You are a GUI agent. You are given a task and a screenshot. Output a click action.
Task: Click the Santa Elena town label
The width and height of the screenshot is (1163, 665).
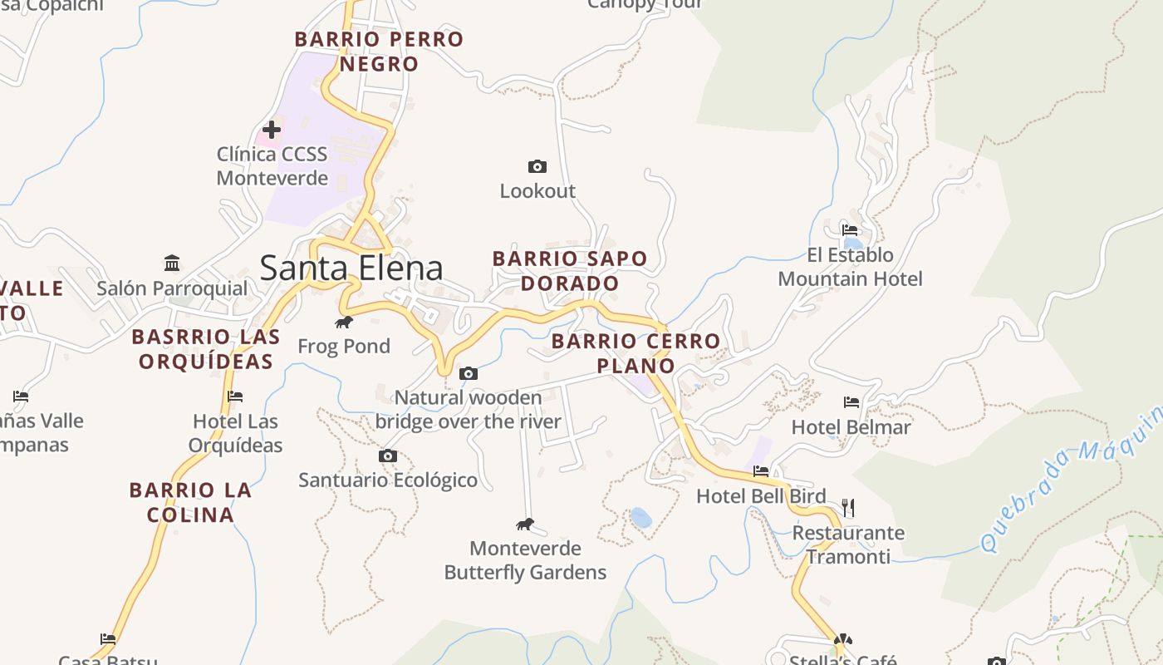351,268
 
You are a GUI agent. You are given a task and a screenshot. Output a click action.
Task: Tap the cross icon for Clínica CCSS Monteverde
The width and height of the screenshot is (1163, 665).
272,130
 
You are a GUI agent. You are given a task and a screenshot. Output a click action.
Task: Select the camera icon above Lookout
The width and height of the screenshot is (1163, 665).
537,167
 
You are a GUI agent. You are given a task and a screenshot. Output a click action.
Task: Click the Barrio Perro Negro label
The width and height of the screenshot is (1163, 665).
379,52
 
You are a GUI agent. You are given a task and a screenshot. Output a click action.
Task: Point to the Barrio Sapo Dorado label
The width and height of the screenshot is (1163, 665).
570,271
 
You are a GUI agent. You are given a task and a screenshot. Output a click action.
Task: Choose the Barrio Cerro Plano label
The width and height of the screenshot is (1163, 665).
635,353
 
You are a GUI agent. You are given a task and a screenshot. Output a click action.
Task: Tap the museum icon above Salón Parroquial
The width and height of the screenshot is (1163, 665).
172,264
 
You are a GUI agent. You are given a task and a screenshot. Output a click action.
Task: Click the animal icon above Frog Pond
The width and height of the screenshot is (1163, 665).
343,322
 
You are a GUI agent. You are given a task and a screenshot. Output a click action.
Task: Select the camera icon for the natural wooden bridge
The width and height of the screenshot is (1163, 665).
469,374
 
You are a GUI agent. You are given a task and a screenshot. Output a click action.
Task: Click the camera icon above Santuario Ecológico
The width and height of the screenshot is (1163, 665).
388,456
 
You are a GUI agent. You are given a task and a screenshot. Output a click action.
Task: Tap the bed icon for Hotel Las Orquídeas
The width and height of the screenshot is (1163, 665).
235,397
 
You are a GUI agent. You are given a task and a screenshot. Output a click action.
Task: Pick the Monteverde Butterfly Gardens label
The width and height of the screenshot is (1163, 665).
525,560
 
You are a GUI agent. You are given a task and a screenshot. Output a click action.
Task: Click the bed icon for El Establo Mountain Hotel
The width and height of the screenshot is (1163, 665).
849,230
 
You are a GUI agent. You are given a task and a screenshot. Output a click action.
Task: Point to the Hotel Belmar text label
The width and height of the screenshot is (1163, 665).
851,427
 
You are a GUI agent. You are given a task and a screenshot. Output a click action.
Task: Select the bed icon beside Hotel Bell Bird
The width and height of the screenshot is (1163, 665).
760,471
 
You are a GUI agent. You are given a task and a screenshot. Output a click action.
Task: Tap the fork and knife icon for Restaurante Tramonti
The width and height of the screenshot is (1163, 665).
848,507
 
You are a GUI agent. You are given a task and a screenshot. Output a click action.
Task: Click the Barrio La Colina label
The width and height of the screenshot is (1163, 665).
190,502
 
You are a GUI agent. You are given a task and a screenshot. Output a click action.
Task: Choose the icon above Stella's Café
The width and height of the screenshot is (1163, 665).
843,640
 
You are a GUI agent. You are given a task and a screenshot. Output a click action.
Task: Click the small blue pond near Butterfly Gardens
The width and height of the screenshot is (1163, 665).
640,518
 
